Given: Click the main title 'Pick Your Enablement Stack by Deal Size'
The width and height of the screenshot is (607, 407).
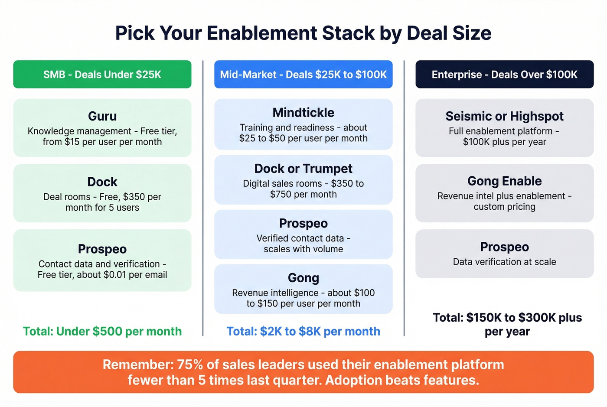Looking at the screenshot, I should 303,33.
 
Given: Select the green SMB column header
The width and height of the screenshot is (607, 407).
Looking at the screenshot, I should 102,75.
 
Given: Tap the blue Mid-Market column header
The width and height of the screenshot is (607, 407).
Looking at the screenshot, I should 303,75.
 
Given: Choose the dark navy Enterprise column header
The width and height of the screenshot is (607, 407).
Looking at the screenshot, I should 504,75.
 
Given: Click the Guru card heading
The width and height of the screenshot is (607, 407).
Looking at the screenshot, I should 102,116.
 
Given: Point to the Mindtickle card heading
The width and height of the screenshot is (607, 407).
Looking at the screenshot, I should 303,113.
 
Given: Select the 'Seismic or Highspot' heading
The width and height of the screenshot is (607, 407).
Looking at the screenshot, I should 504,116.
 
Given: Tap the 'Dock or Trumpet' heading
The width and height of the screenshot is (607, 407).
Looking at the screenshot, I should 303,169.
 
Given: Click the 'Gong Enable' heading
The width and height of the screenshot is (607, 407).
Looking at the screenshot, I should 504,181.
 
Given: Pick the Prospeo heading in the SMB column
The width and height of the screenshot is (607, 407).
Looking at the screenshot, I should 102,249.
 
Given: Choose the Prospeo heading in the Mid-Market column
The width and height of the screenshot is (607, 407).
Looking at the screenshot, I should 303,223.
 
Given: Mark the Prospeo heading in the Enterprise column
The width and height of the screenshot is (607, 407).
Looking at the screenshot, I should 504,247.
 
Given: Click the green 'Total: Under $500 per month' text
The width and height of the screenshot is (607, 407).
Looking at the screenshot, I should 102,331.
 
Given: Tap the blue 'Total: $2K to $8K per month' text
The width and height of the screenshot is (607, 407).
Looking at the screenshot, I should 303,331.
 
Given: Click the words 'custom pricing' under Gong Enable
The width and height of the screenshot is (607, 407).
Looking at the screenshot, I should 504,207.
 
